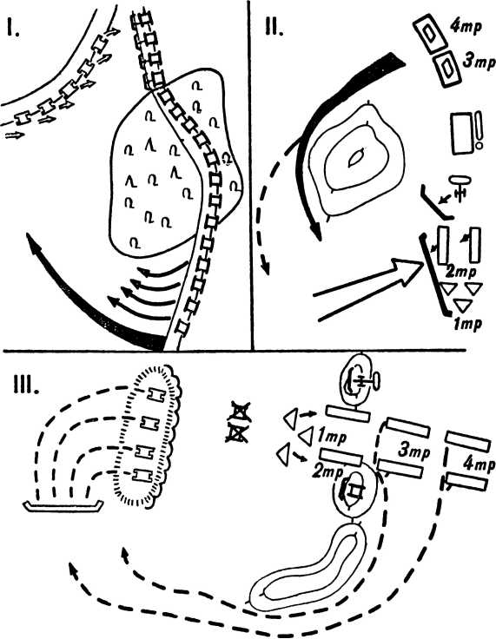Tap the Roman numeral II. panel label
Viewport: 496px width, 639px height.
click(x=274, y=27)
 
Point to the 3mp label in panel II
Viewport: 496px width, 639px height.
click(x=479, y=62)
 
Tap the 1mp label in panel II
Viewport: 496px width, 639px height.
click(x=468, y=324)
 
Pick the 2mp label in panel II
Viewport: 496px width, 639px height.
click(x=462, y=272)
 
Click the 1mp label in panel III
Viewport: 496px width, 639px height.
click(x=332, y=437)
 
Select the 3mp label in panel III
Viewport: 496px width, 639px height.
click(x=413, y=451)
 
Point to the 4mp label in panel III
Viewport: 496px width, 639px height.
click(x=479, y=465)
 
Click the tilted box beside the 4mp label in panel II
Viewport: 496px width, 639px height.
click(x=429, y=33)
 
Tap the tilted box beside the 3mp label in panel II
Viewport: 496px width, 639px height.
click(x=446, y=69)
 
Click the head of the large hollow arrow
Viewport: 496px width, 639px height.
click(x=408, y=270)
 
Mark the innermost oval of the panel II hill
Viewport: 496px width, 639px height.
click(x=355, y=158)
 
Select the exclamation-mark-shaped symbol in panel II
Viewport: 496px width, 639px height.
click(x=479, y=130)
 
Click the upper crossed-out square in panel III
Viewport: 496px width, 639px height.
click(x=239, y=412)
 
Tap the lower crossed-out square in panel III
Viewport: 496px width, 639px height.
click(x=237, y=433)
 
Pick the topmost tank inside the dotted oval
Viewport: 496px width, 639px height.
click(x=156, y=394)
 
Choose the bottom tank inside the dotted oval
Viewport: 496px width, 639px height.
click(x=143, y=475)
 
